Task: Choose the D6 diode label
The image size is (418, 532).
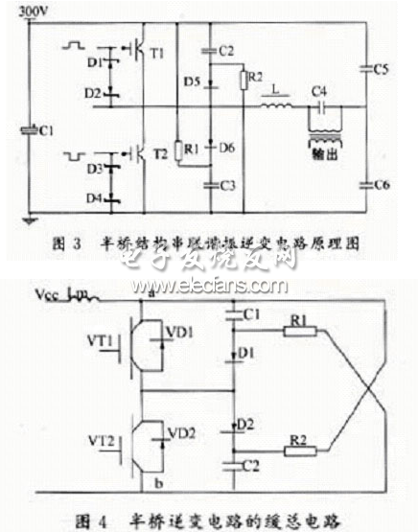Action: click(x=227, y=146)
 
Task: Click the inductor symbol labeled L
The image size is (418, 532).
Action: click(x=276, y=106)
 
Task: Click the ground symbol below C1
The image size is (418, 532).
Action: click(x=31, y=220)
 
